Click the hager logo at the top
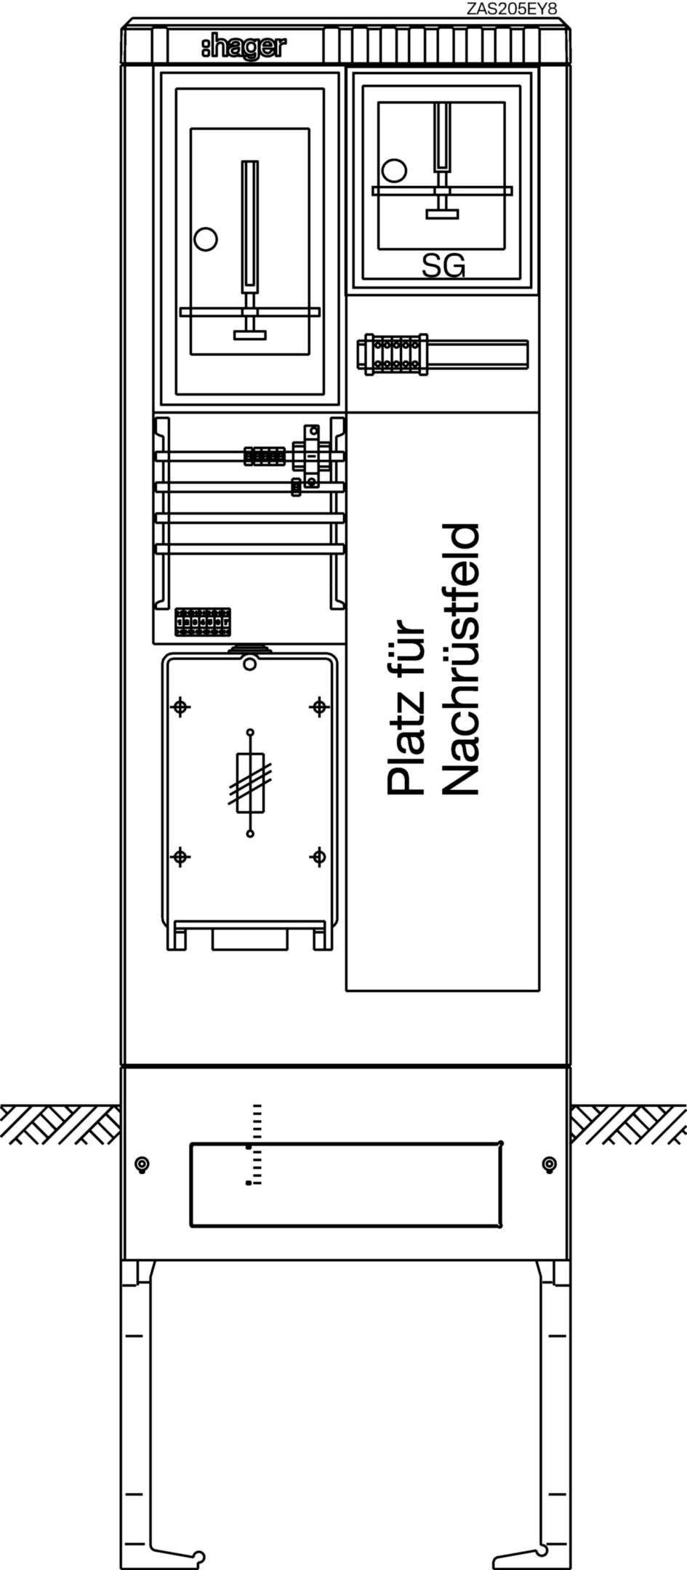244,48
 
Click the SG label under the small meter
443,266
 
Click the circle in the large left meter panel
206,238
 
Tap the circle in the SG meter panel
394,170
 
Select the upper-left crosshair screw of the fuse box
180,706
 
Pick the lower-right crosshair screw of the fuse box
318,857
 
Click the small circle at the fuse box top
249,664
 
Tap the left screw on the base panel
142,1164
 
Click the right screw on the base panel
550,1164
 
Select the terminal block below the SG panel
393,355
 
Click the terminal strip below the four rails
203,622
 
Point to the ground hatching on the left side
60,1124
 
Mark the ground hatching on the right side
628,1124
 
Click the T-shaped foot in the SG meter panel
442,213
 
